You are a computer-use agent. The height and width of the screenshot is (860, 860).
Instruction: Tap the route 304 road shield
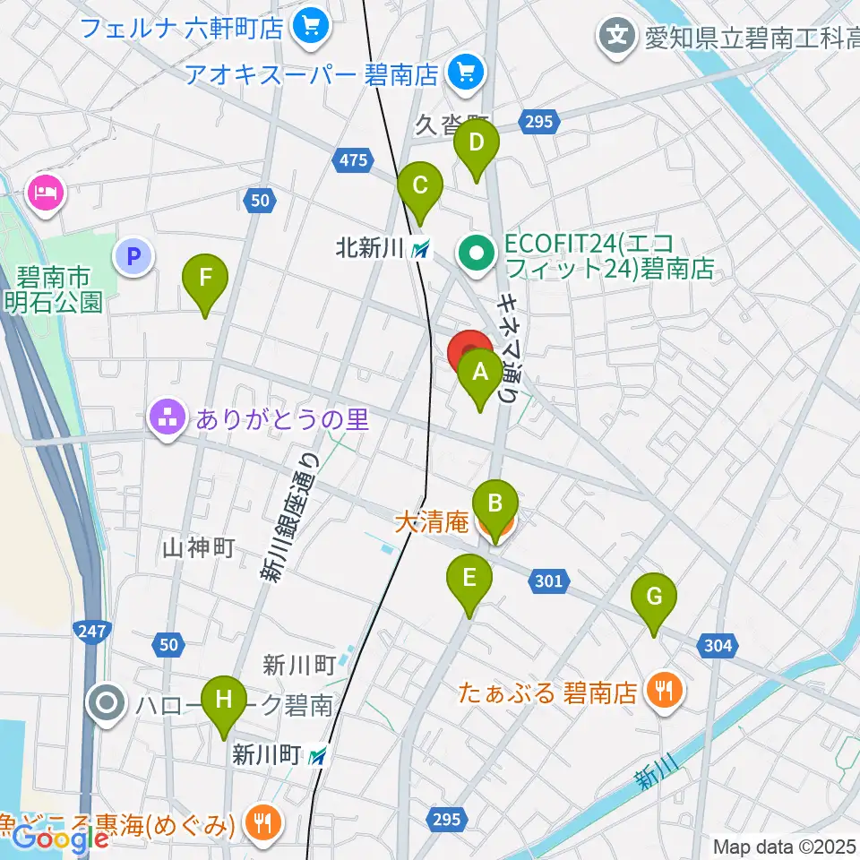click(x=718, y=646)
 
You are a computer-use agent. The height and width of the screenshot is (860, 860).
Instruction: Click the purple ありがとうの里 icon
click(x=168, y=417)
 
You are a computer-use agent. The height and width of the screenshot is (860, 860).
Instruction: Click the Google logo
click(x=60, y=838)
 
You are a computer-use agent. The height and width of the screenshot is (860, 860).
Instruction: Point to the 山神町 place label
click(x=199, y=547)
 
